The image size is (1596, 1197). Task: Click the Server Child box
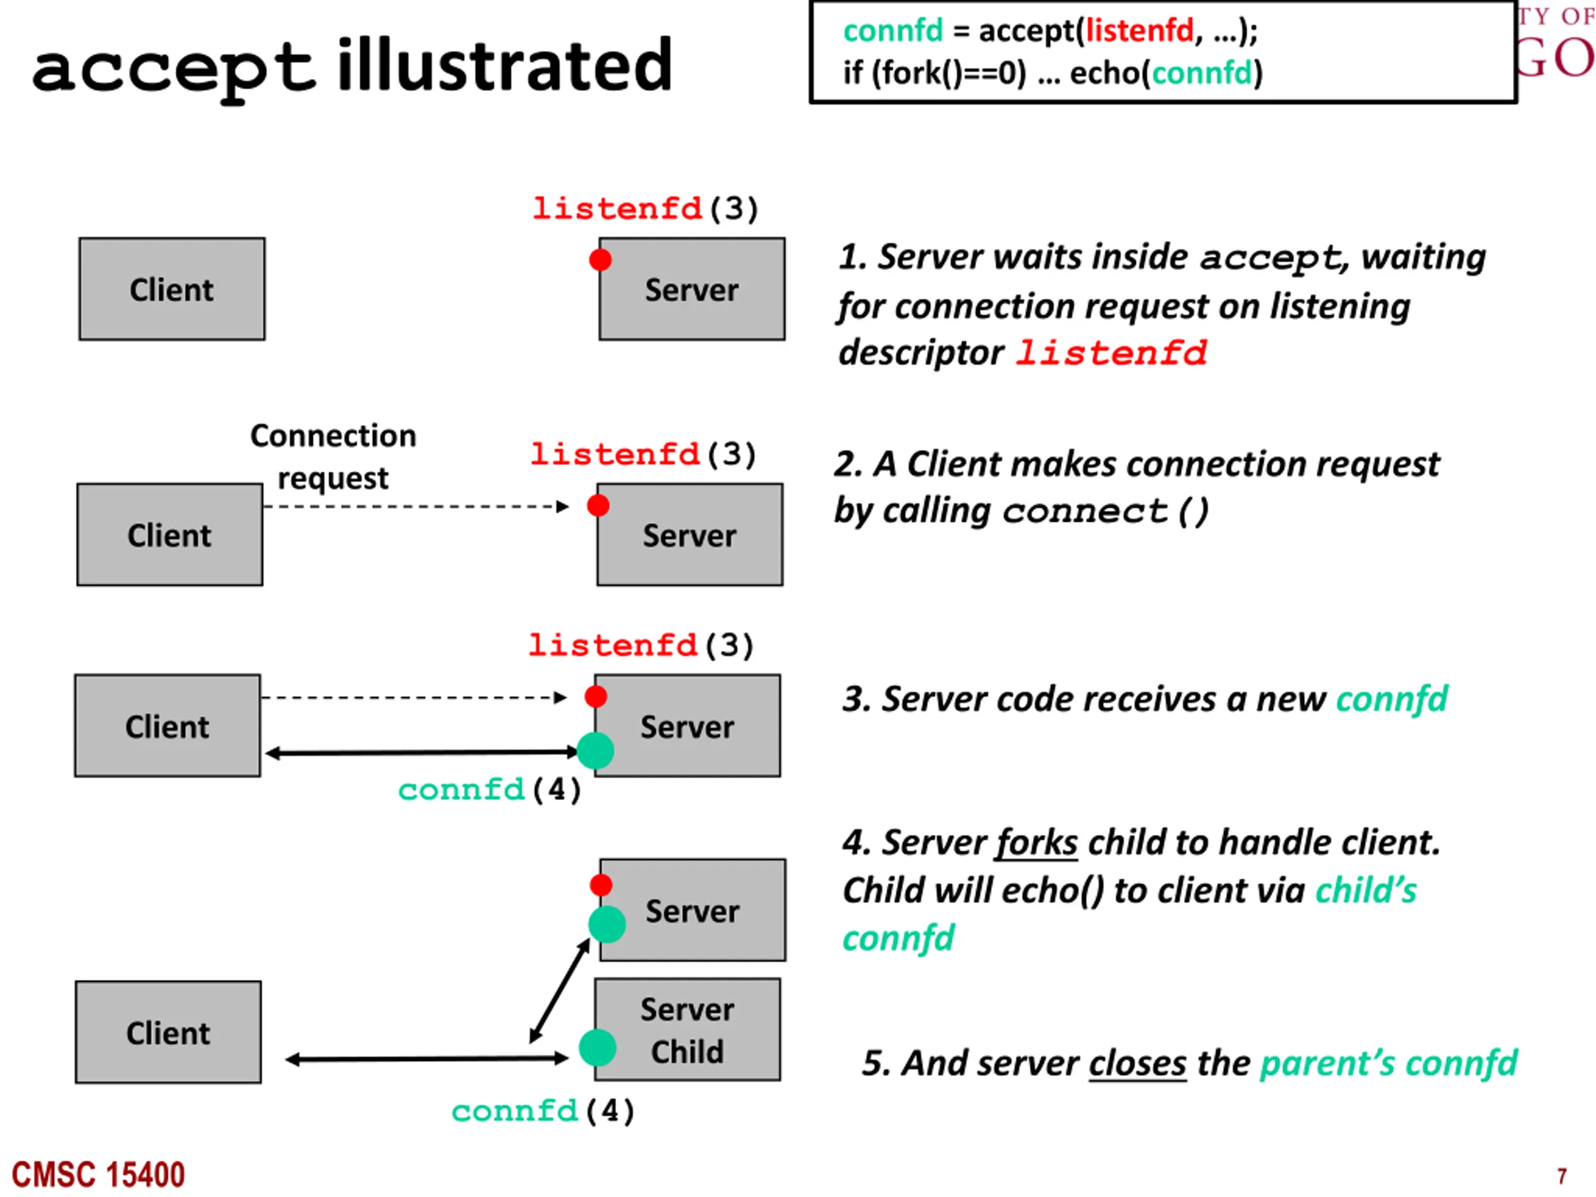click(687, 1029)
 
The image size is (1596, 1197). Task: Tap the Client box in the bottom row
click(168, 1032)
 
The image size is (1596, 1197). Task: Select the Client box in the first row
click(171, 289)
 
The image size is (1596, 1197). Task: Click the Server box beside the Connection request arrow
click(690, 535)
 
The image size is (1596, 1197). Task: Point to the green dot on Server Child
click(597, 1047)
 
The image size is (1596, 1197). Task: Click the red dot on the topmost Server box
click(600, 260)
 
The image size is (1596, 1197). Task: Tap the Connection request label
click(334, 457)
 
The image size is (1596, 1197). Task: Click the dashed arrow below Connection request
click(416, 506)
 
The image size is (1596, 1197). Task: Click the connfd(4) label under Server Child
click(543, 1111)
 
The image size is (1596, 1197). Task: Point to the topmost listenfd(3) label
click(646, 209)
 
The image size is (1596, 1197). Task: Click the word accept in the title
click(174, 69)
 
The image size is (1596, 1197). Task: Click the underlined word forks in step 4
click(1036, 843)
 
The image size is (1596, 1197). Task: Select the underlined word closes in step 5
click(1137, 1063)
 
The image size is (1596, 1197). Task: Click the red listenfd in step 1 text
click(1111, 353)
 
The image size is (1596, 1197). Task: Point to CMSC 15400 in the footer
click(98, 1175)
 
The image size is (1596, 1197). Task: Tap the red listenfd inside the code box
click(1140, 31)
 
